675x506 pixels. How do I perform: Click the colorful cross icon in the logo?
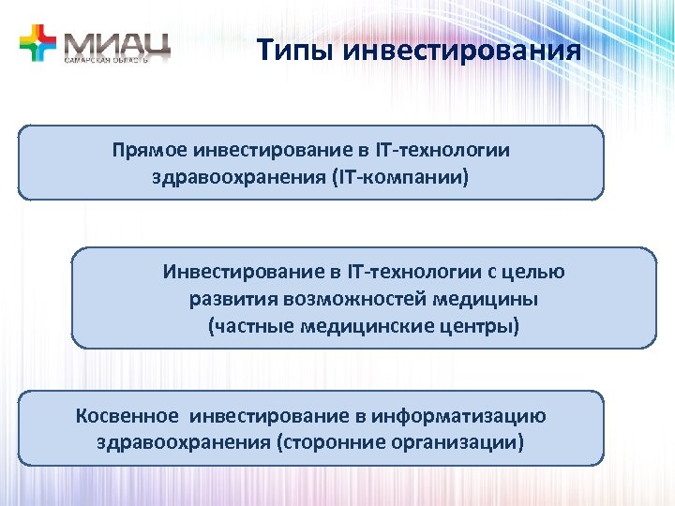click(37, 43)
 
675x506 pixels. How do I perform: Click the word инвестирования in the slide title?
click(462, 49)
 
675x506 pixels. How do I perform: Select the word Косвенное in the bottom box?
click(123, 416)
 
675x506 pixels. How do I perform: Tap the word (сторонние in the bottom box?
click(322, 441)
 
